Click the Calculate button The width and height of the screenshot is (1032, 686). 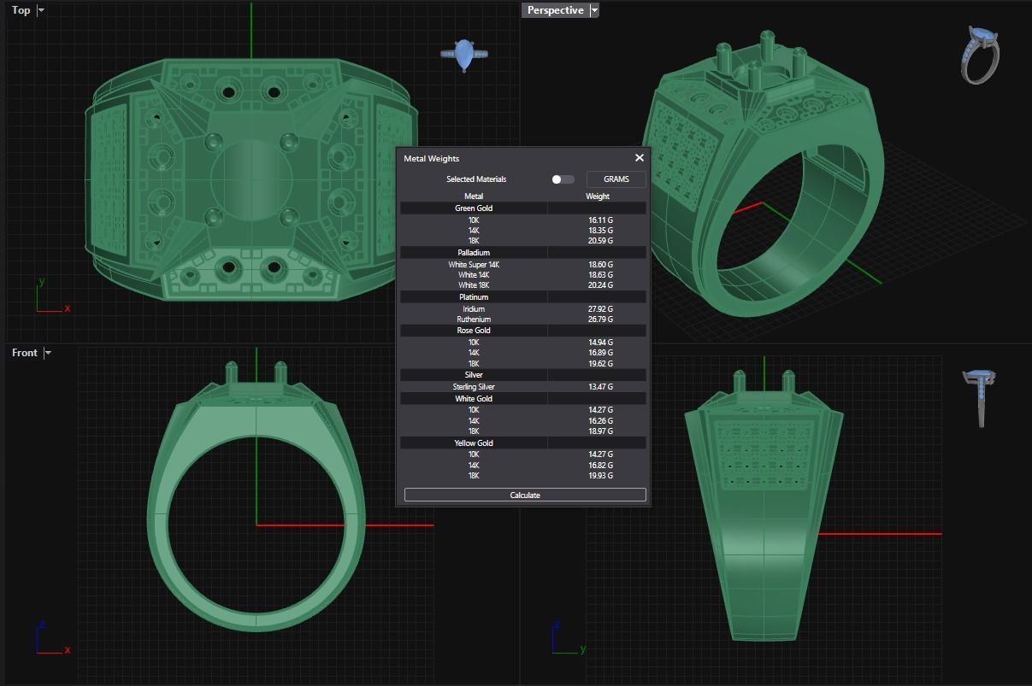pos(525,495)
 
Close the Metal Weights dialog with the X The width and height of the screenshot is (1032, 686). pos(639,158)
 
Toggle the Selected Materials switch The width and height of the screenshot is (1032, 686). pos(563,179)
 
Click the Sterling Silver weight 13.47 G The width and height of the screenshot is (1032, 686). pos(600,387)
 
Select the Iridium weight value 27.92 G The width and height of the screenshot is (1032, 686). pos(600,308)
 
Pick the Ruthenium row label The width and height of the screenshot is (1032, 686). pos(474,320)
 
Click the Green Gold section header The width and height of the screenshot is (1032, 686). pos(474,208)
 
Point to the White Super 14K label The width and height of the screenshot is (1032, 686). pos(474,265)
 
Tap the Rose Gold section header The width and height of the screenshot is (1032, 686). pos(474,331)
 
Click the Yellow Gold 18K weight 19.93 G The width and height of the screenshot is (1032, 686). pos(600,476)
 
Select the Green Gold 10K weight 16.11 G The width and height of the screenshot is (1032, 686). pos(600,220)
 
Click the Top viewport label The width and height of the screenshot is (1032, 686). pos(21,10)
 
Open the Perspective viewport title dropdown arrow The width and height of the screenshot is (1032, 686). pos(595,10)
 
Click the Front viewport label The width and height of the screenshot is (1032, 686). pos(25,353)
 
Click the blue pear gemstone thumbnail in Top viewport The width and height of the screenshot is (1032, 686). pos(464,56)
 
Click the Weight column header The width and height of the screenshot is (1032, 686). pos(598,196)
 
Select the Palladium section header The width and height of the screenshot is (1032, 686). pos(474,253)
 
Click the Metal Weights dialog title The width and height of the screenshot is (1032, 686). pos(432,159)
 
